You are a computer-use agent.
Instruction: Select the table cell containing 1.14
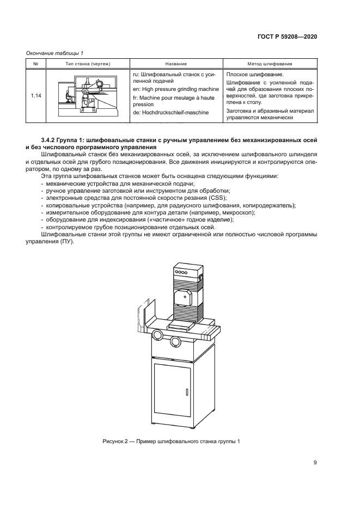[x=36, y=96]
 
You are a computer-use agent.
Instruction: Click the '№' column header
[x=36, y=64]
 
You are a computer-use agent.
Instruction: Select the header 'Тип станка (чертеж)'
[x=88, y=64]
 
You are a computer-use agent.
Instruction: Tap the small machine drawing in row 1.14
[x=88, y=96]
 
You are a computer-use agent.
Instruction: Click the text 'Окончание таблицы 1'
[x=54, y=53]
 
